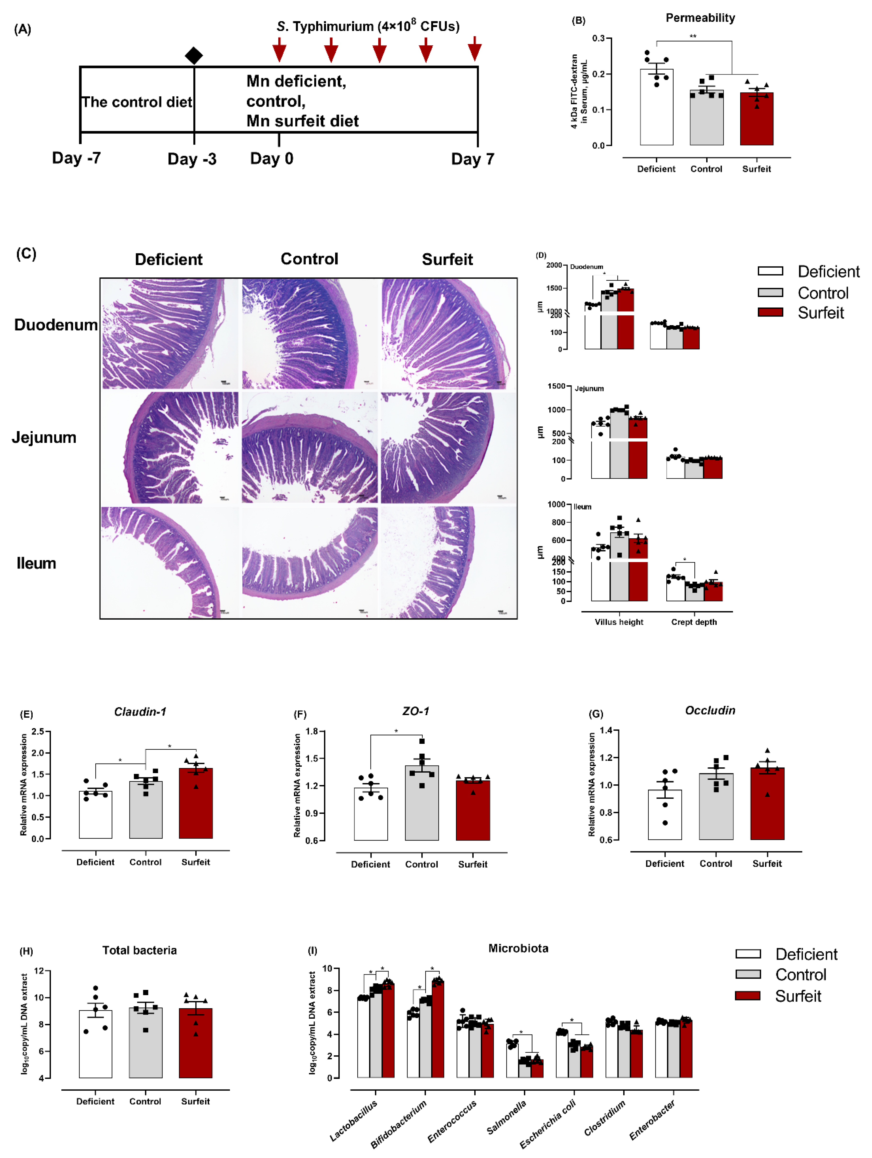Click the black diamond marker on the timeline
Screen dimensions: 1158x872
pyautogui.click(x=194, y=55)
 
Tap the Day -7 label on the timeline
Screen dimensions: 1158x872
pyautogui.click(x=76, y=158)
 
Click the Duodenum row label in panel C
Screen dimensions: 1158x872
pyautogui.click(x=55, y=325)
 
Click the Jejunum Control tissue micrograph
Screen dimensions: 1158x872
pyautogui.click(x=309, y=448)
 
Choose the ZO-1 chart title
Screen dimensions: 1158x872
pyautogui.click(x=416, y=711)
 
